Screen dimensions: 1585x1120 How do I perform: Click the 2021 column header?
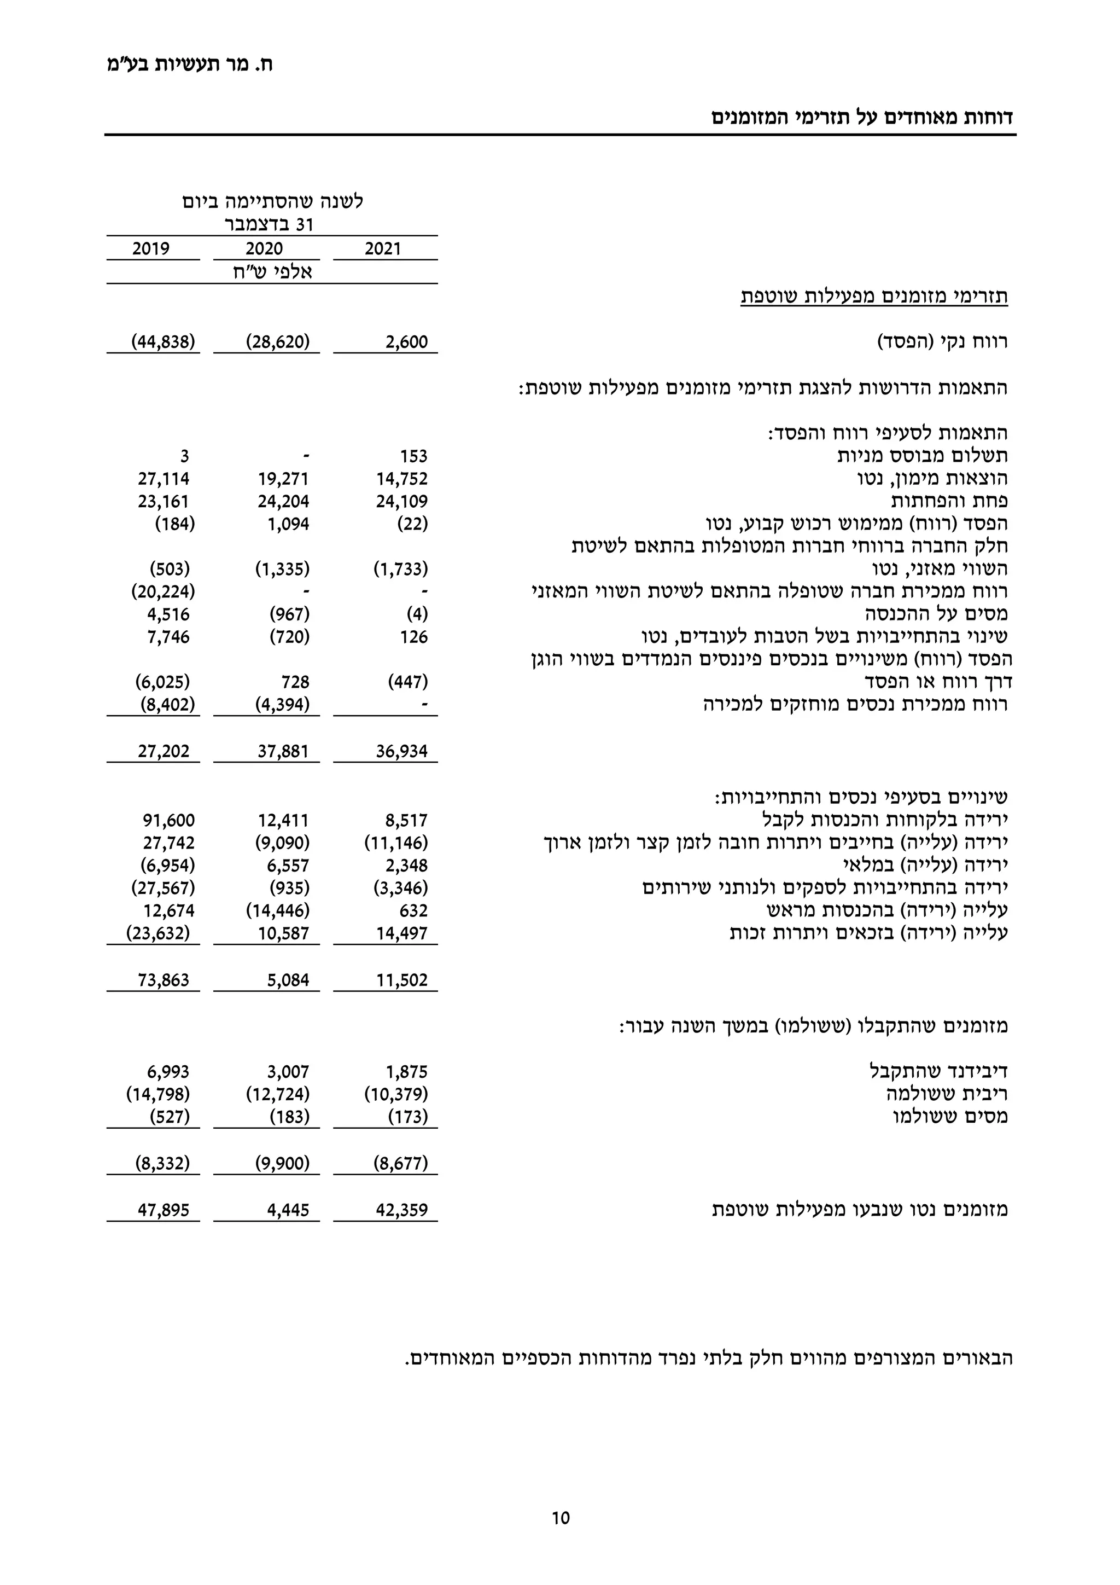point(382,249)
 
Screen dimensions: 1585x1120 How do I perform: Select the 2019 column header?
point(150,249)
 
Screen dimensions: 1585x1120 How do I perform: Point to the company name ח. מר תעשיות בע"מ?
point(189,65)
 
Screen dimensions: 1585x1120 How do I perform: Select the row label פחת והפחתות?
point(949,501)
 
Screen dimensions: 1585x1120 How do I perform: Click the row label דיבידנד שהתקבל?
point(938,1071)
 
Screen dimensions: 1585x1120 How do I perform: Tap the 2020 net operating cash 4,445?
point(288,1210)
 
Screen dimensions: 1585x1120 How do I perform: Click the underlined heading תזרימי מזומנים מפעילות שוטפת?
point(874,297)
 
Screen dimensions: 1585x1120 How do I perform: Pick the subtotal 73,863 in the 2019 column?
point(164,980)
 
